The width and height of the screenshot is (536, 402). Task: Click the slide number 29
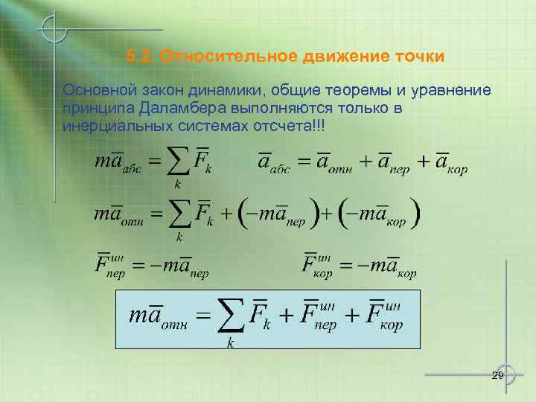pos(498,375)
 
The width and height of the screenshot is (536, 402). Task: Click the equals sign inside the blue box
pos(203,316)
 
